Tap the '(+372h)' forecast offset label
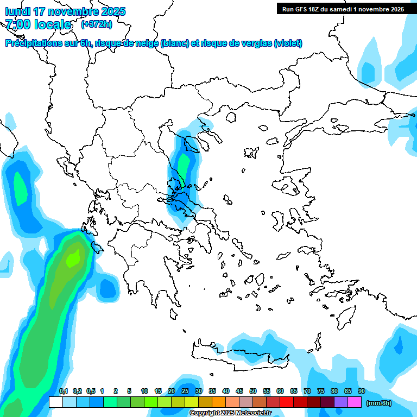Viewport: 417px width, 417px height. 96,24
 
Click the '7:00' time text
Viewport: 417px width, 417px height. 18,24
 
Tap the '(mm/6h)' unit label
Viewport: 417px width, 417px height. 379,402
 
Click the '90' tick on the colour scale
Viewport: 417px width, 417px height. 362,391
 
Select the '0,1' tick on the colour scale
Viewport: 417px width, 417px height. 63,391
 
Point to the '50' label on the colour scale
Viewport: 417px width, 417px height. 253,391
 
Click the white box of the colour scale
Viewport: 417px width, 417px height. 55,402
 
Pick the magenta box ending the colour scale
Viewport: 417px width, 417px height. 355,402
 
